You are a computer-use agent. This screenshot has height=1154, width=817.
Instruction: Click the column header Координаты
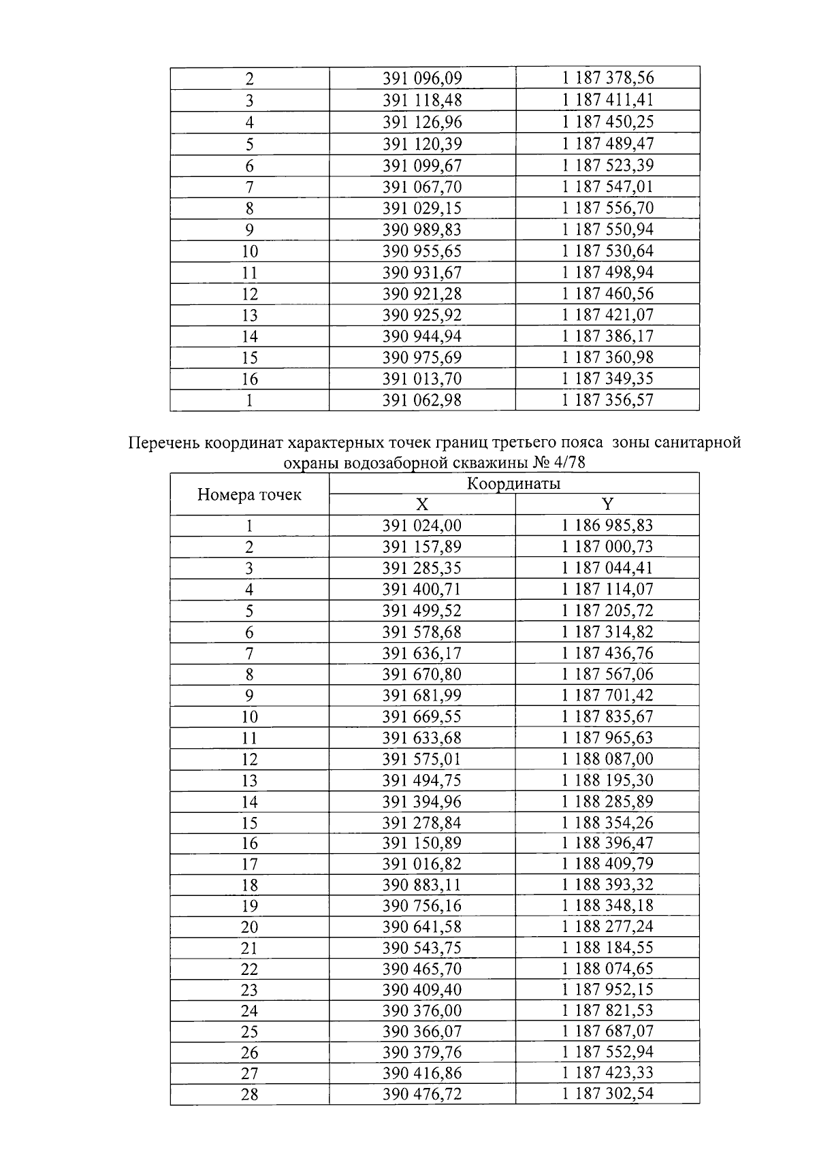pyautogui.click(x=513, y=484)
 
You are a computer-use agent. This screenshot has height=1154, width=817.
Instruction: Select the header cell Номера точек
pyautogui.click(x=249, y=495)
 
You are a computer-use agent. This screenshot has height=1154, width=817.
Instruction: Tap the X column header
pyautogui.click(x=422, y=504)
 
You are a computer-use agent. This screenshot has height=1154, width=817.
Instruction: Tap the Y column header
pyautogui.click(x=607, y=504)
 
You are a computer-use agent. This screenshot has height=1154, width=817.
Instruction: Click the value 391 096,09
pyautogui.click(x=422, y=78)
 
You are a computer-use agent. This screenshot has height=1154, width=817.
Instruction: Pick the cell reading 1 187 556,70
pyautogui.click(x=607, y=208)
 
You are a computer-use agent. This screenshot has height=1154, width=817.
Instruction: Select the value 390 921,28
pyautogui.click(x=422, y=294)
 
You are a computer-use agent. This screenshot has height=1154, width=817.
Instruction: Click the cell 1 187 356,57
pyautogui.click(x=607, y=400)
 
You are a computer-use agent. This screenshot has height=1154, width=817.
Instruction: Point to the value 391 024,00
pyautogui.click(x=422, y=526)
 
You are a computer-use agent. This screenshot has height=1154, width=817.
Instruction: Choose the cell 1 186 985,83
pyautogui.click(x=607, y=526)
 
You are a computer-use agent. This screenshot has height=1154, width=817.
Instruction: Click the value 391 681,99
pyautogui.click(x=422, y=695)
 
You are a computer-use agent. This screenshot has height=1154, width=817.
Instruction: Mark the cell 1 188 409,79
pyautogui.click(x=607, y=864)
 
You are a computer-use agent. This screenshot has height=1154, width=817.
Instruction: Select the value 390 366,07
pyautogui.click(x=422, y=1031)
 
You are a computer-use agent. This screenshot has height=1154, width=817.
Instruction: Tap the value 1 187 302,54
pyautogui.click(x=607, y=1095)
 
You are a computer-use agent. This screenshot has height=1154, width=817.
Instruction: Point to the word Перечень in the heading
pyautogui.click(x=162, y=444)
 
